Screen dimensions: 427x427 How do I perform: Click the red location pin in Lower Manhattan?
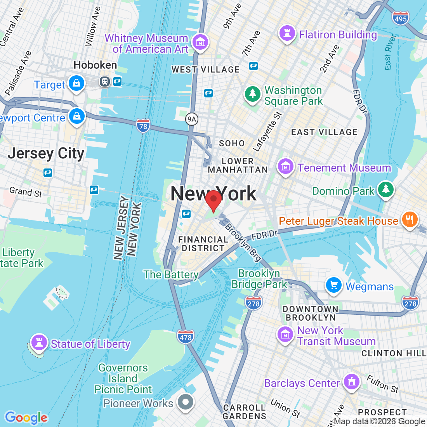click(213, 200)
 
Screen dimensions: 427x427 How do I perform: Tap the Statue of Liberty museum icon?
click(39, 342)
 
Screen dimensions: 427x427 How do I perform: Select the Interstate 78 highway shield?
click(143, 126)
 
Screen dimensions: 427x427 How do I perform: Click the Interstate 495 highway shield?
click(400, 18)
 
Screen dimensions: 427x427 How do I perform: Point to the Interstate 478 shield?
click(186, 337)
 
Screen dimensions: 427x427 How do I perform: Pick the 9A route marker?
click(191, 119)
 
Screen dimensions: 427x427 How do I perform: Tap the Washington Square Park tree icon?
click(253, 94)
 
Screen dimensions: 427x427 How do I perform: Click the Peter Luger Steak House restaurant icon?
click(410, 219)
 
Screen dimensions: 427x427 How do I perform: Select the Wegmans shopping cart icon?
click(333, 285)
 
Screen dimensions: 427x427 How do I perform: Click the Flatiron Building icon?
click(287, 33)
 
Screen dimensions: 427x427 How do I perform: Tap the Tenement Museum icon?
click(285, 167)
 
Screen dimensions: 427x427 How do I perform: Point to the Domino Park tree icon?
click(385, 189)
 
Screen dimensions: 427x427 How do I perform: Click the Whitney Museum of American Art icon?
click(200, 42)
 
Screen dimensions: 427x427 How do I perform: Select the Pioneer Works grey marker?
click(186, 402)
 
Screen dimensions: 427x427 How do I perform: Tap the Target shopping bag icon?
click(76, 83)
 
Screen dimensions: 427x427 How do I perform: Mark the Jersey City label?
click(46, 153)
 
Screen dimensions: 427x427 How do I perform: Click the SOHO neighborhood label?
click(232, 143)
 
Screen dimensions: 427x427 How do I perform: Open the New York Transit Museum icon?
click(285, 334)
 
